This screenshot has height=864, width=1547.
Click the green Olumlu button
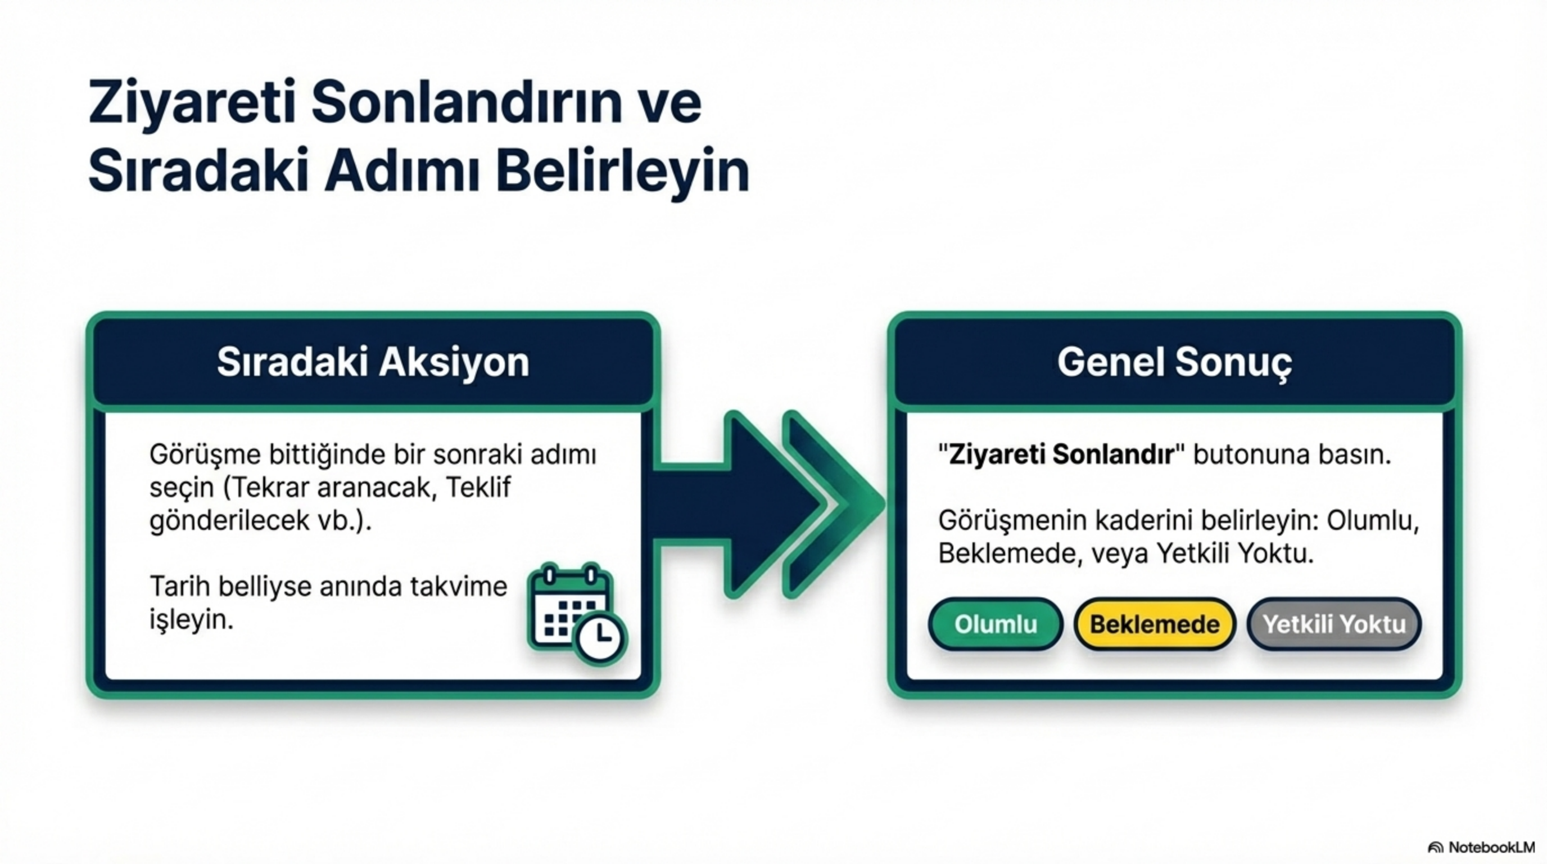click(996, 624)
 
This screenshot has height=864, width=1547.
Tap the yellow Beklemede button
click(1154, 624)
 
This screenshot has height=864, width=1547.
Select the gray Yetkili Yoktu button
click(1334, 624)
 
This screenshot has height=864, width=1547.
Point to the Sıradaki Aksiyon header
click(373, 362)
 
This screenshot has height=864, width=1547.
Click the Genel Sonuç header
click(1174, 362)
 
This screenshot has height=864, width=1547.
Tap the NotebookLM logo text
click(1490, 847)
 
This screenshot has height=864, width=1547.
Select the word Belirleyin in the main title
click(623, 171)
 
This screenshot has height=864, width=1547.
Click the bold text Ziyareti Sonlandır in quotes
click(1061, 455)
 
